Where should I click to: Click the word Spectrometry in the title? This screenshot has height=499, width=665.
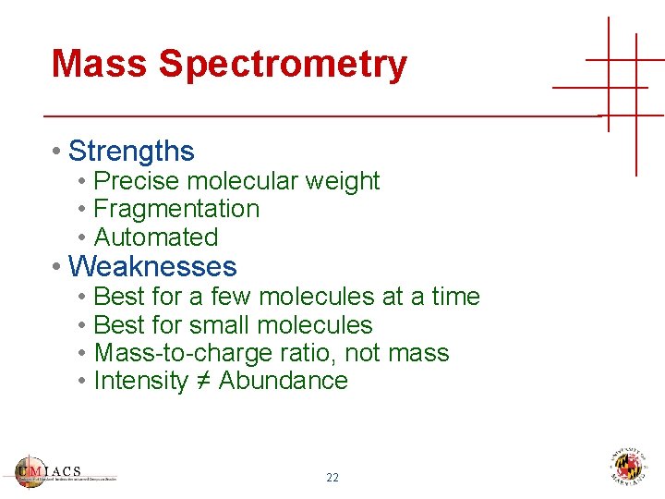coord(283,65)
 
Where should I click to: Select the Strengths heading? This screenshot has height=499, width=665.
coord(131,151)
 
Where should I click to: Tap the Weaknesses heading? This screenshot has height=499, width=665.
coord(152,267)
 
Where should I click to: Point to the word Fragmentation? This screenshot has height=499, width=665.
coord(176,209)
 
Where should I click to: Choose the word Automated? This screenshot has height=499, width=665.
coord(156,237)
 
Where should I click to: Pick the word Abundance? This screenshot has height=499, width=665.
coord(283,381)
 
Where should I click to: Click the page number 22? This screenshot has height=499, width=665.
coord(332,478)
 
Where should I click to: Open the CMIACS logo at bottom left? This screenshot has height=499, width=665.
coord(65,470)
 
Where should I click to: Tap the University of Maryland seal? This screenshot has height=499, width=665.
coord(628,467)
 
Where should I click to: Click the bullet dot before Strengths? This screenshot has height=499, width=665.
coord(57,152)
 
